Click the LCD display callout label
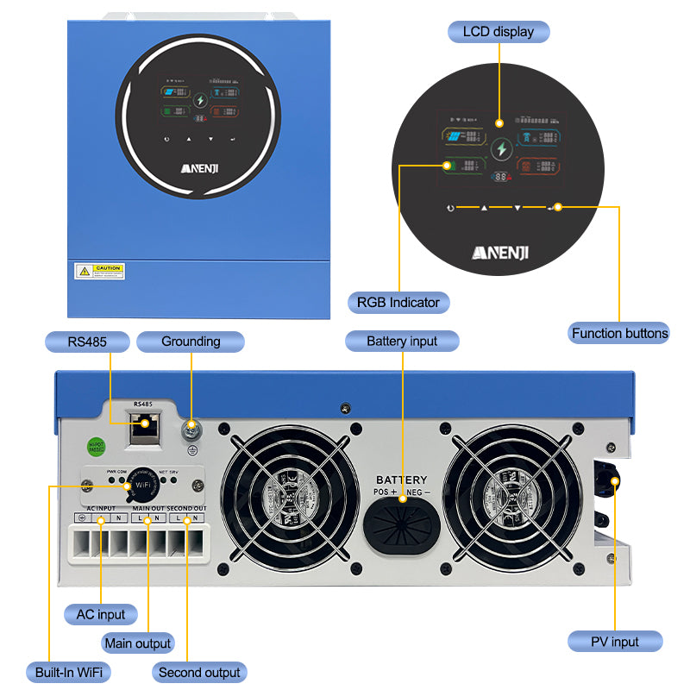point(499,32)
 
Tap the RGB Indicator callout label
point(398,302)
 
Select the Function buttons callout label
point(619,333)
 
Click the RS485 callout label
point(87,342)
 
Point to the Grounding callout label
point(191,342)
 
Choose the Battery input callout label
point(402,342)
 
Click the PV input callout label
point(615,641)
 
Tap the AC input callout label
point(101,615)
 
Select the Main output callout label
point(138,643)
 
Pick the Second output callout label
point(199,672)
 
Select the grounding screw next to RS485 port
point(191,425)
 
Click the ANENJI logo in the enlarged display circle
point(501,252)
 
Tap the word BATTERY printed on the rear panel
point(401,480)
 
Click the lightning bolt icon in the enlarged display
point(501,150)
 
